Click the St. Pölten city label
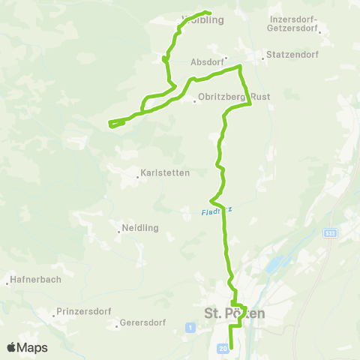(234, 313)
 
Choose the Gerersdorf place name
(142, 325)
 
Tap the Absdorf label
(206, 62)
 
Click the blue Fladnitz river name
(217, 211)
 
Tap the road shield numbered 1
(190, 327)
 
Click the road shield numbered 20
(223, 349)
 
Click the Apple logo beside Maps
(12, 347)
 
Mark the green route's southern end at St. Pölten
(230, 347)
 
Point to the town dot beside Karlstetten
(139, 177)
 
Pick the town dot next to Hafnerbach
(7, 283)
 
